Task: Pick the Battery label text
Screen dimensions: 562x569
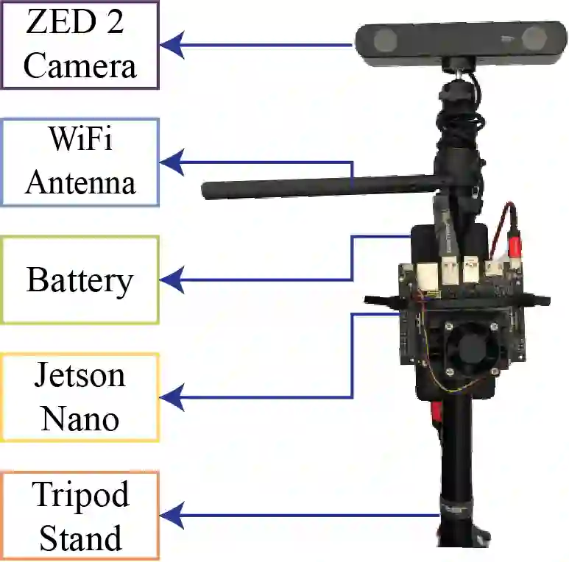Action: [80, 280]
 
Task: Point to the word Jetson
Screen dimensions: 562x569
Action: [79, 375]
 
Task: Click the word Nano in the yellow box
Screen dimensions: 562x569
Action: [79, 419]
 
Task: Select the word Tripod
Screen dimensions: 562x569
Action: [80, 494]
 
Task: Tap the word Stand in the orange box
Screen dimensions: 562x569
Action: [80, 538]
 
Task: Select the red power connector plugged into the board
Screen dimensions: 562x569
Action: [514, 242]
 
